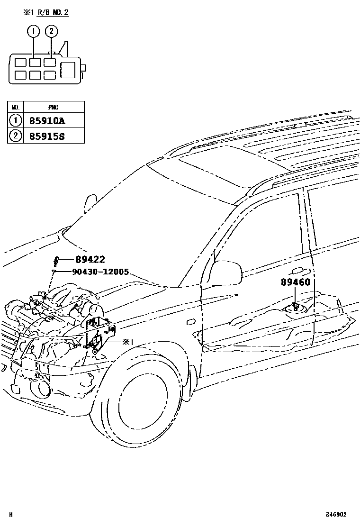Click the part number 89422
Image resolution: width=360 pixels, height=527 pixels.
90,259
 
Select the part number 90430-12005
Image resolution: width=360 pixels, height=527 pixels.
100,272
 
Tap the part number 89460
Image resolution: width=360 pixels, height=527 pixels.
295,282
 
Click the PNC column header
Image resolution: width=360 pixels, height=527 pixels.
53,107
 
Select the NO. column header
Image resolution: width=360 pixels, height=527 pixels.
16,107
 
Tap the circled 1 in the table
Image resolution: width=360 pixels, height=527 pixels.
16,121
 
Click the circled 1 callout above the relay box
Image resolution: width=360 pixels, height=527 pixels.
33,32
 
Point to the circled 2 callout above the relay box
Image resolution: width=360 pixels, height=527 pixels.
51,32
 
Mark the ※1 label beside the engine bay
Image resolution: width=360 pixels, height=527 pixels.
128,341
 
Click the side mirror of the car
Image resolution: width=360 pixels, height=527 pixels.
226,272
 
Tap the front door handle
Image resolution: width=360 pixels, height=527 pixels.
299,271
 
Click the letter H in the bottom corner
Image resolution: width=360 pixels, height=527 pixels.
11,514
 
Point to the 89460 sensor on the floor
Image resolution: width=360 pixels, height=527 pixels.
295,305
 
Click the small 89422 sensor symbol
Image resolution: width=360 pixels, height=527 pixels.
56,261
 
